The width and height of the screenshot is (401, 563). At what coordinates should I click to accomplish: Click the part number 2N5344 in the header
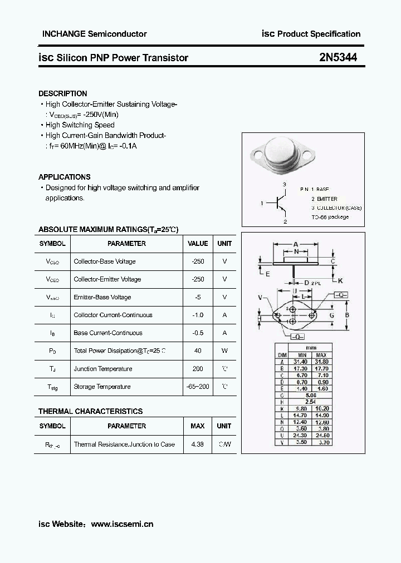point(338,57)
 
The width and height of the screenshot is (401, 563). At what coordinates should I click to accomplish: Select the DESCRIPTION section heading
point(63,93)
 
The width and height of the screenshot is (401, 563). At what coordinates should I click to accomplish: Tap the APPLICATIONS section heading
point(65,177)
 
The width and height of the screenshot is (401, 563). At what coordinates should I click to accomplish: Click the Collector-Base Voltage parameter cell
point(105,261)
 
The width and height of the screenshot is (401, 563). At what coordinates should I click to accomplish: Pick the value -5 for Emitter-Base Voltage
point(198,297)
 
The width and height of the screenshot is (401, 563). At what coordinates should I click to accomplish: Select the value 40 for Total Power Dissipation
point(198,350)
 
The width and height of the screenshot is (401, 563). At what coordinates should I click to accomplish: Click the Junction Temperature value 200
point(198,369)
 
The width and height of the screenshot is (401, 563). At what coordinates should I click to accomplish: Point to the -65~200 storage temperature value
point(198,387)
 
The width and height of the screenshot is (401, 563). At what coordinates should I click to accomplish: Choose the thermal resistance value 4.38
point(198,445)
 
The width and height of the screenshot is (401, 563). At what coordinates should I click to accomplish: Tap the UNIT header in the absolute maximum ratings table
point(224,244)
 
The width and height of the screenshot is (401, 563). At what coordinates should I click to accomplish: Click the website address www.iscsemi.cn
point(122,524)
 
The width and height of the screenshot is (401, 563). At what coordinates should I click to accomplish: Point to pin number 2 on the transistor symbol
point(285,221)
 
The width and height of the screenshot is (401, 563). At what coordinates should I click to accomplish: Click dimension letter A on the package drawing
point(296,244)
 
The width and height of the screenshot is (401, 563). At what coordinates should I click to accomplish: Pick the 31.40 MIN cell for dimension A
point(302,361)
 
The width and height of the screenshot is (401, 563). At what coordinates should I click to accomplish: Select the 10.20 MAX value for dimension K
point(321,409)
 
